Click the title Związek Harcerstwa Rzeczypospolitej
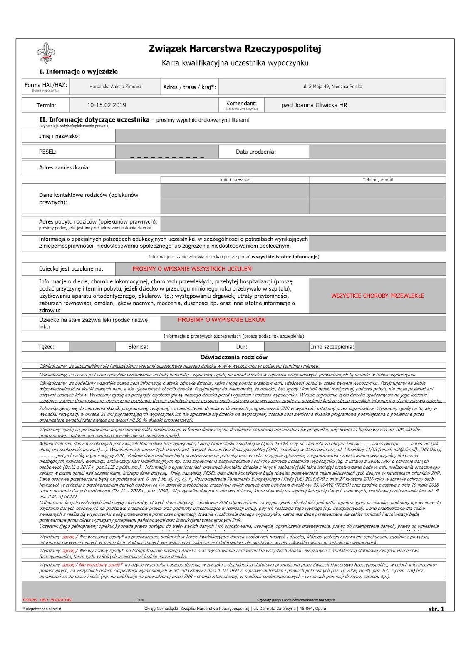click(235, 49)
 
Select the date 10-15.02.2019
click(107, 105)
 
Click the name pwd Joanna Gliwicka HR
click(314, 105)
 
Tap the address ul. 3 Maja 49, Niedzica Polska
click(332, 87)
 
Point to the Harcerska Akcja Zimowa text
click(115, 87)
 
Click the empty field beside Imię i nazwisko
click(280, 136)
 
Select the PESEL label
click(48, 152)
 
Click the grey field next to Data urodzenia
click(377, 152)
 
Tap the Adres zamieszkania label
click(64, 168)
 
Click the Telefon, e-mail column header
click(377, 180)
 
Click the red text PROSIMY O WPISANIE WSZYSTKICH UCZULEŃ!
click(193, 269)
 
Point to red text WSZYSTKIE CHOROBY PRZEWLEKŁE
click(377, 296)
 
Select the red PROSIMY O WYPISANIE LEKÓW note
click(221, 320)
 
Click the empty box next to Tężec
click(92, 347)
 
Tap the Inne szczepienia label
click(332, 347)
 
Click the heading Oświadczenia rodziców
click(234, 357)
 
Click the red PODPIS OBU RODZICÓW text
click(47, 600)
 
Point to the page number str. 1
click(436, 609)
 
